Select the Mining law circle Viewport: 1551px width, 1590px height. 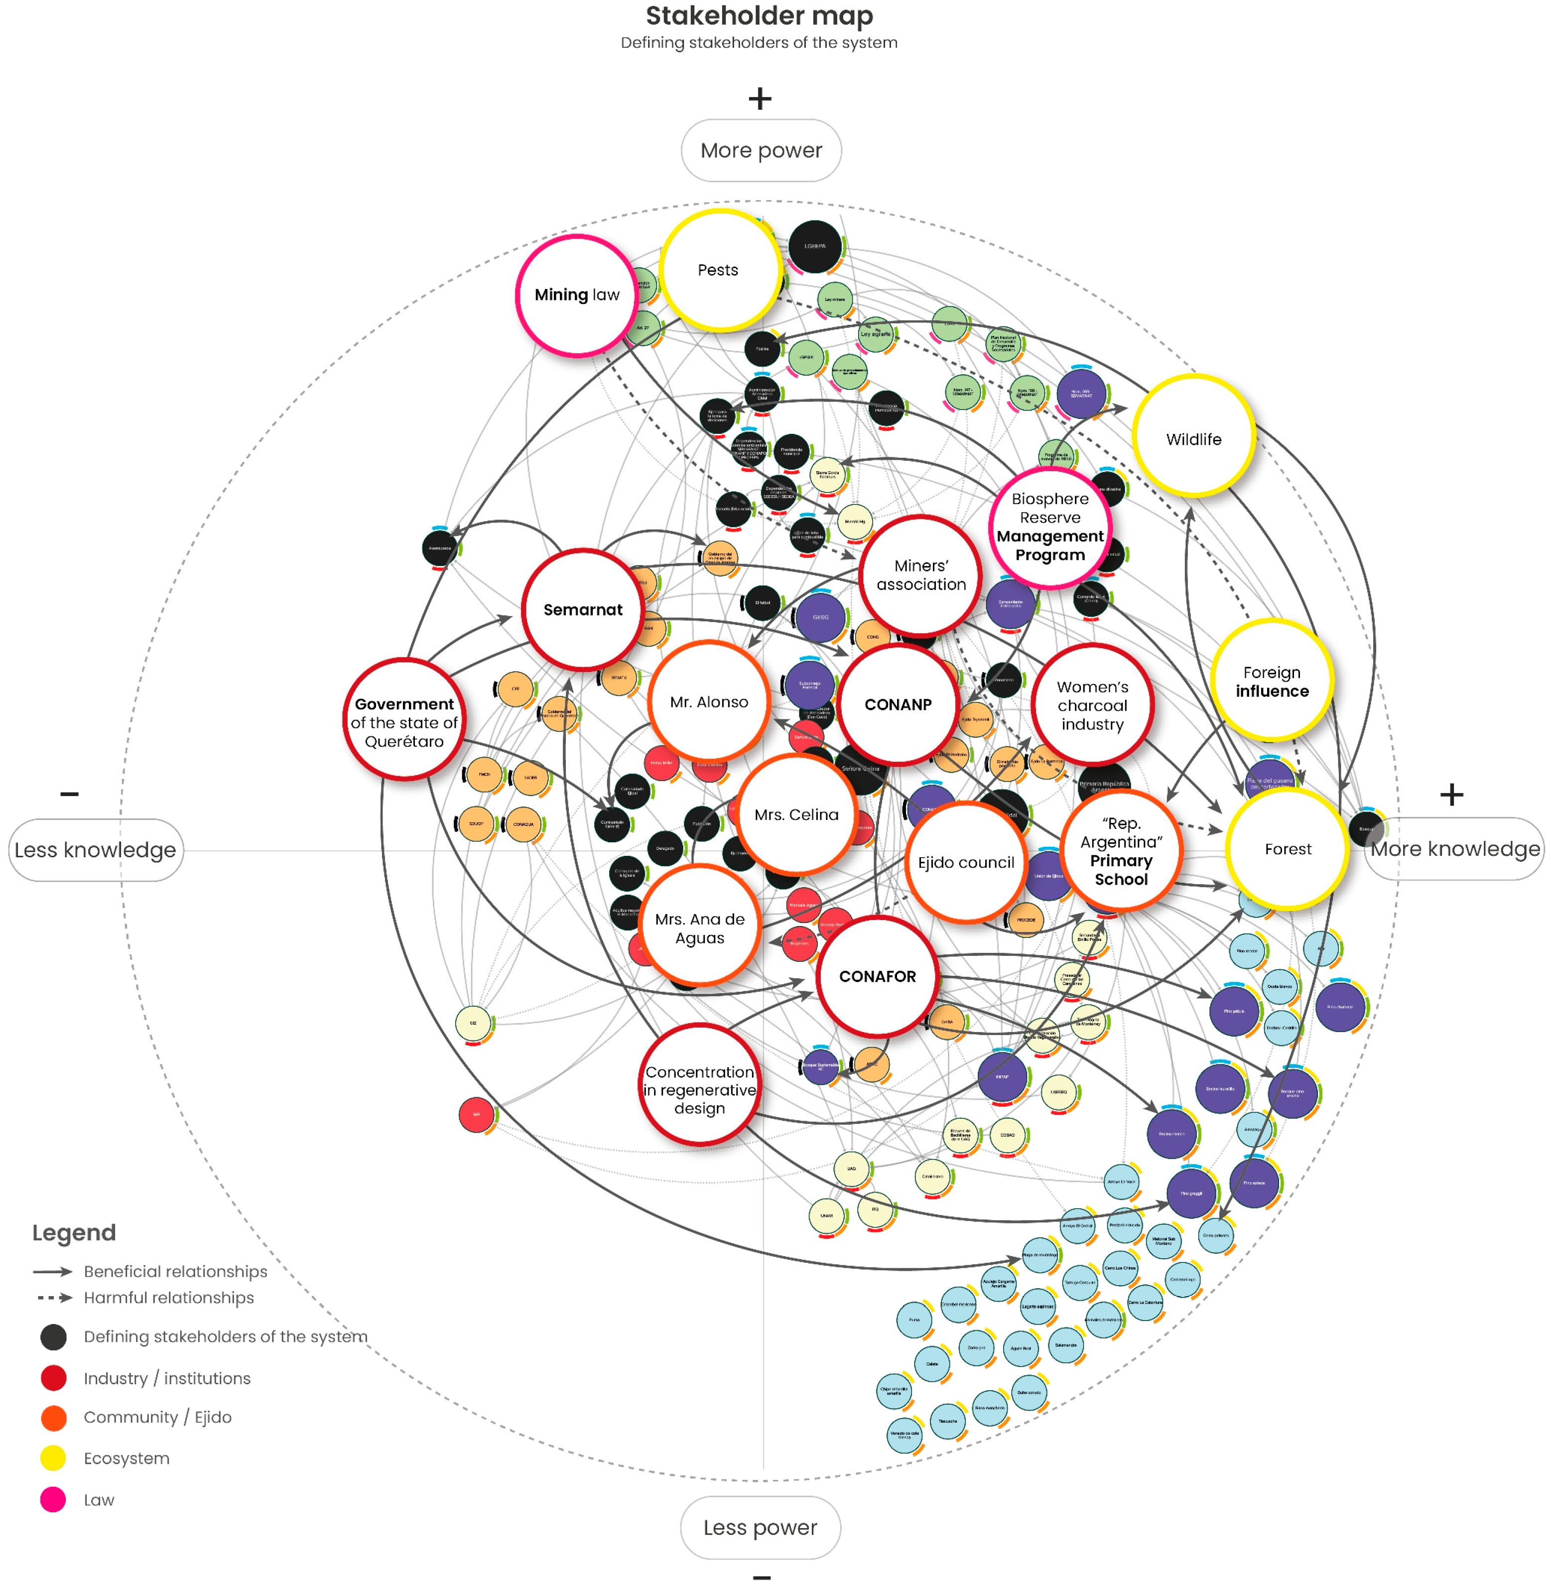click(577, 295)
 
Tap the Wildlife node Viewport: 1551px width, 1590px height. click(1193, 438)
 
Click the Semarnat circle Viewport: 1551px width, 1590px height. click(582, 609)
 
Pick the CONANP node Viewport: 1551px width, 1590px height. click(898, 704)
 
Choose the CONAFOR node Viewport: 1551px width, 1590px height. click(877, 976)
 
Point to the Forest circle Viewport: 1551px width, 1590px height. click(1287, 849)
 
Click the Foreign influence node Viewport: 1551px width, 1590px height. click(1272, 681)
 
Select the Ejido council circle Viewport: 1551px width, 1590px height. click(966, 862)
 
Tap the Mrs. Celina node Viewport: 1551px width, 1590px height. click(796, 814)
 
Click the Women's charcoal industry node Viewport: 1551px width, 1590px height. click(1092, 705)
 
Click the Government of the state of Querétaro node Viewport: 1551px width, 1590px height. click(404, 722)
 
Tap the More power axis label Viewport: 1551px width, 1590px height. click(761, 151)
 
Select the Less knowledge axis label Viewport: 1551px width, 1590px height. click(95, 850)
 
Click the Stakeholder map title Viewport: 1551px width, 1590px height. click(759, 16)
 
